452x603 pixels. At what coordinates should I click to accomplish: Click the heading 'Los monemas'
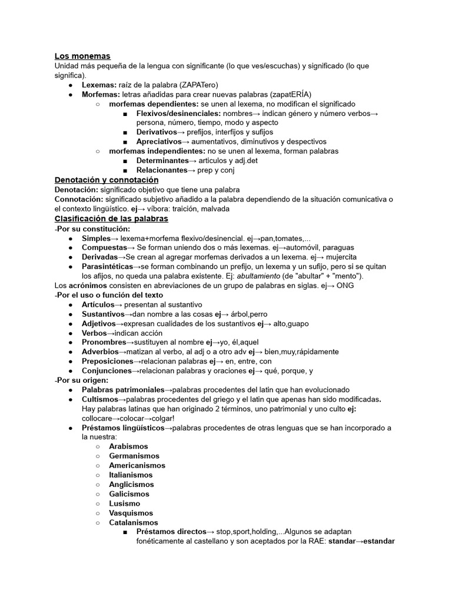(x=82, y=56)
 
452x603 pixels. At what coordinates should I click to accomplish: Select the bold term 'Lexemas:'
(x=99, y=85)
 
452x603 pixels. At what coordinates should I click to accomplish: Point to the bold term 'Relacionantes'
(x=162, y=170)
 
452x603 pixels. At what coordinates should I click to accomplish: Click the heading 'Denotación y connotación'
(x=107, y=180)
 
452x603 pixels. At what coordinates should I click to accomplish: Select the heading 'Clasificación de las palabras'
(x=111, y=218)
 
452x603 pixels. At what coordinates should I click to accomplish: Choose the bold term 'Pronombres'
(x=104, y=342)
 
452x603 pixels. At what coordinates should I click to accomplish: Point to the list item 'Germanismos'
(x=134, y=456)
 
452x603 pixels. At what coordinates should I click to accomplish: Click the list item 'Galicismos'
(x=129, y=493)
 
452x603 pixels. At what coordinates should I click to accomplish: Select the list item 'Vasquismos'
(x=131, y=513)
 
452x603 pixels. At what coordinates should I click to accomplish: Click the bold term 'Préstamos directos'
(x=171, y=532)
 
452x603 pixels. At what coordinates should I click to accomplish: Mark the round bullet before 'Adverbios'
(x=70, y=352)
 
